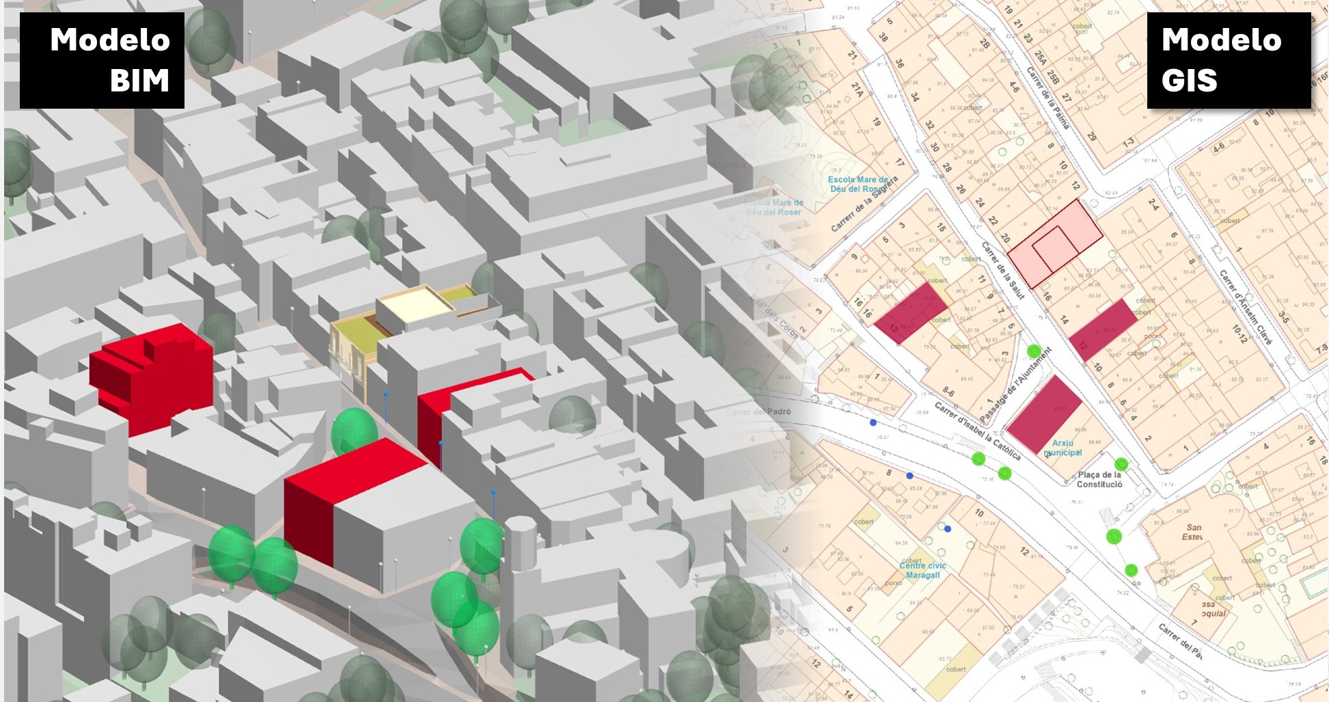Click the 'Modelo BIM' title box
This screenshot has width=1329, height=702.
coord(102,60)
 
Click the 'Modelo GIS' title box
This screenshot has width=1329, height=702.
coord(1229,60)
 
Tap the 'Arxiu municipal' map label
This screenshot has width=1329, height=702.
coord(1063,448)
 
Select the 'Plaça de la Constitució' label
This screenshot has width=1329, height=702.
coord(1099,479)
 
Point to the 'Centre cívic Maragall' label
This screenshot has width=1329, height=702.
coord(922,570)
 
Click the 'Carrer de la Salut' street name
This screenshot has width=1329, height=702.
coord(1003,270)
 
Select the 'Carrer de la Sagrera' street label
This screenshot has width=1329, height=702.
coord(864,204)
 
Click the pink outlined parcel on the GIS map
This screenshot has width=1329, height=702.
coord(1055,243)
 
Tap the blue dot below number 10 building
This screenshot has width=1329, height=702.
coord(948,528)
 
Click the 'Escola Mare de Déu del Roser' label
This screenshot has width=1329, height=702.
coord(859,184)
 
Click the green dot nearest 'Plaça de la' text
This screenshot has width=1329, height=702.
coord(1121,465)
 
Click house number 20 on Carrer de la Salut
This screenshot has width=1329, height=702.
coord(1005,237)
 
